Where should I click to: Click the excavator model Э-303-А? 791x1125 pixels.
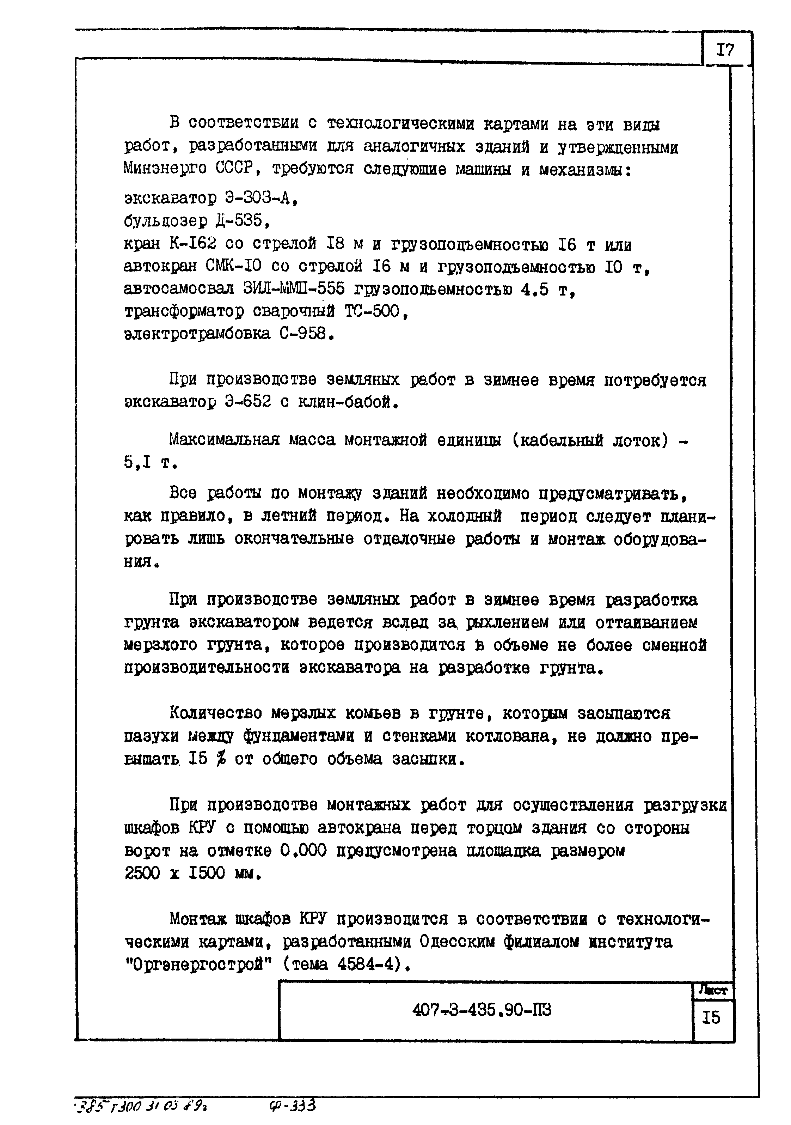click(x=261, y=199)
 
